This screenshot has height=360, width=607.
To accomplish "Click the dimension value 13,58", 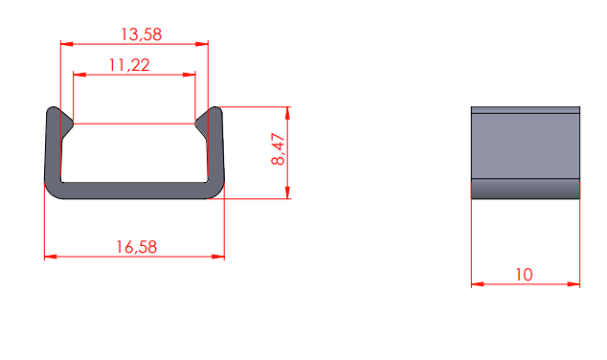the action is tap(142, 34).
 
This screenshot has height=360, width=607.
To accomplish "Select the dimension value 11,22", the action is tap(129, 65).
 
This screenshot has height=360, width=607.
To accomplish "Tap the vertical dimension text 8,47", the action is tap(279, 149).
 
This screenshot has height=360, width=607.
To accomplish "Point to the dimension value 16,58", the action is tap(137, 247).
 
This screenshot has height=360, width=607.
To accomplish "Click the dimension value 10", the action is tap(524, 275).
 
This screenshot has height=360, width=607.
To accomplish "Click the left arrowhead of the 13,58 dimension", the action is tap(67, 44).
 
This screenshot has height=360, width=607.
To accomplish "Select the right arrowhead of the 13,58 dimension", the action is tap(202, 44).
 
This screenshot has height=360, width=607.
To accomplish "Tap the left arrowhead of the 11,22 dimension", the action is tap(79, 75).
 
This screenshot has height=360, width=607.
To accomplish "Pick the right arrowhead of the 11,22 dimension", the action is tap(189, 75).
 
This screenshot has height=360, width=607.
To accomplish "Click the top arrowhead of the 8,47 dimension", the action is tap(287, 113).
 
